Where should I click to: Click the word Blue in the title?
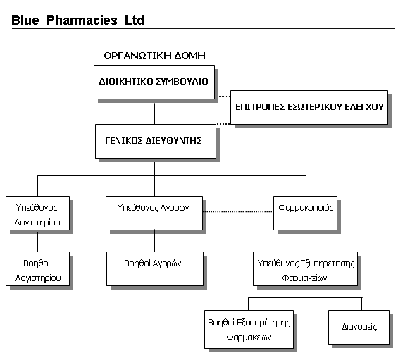(x=25, y=20)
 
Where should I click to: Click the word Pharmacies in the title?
(x=82, y=20)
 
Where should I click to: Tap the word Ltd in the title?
(x=135, y=20)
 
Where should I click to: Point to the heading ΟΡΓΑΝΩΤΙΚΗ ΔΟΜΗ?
(x=154, y=56)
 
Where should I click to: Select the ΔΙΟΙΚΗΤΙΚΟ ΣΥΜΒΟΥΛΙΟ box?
(x=154, y=82)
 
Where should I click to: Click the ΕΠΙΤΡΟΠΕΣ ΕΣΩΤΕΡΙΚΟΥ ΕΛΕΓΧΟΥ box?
(x=309, y=107)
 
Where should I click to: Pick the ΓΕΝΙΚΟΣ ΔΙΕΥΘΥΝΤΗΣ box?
(x=156, y=141)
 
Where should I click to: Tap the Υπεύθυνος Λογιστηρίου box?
(x=37, y=213)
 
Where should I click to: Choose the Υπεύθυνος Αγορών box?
(x=154, y=213)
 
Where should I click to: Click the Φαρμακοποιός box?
(x=305, y=213)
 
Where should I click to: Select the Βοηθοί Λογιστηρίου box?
(x=37, y=268)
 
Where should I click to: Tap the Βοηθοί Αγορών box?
(x=155, y=268)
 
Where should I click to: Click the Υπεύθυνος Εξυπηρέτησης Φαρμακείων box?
(x=305, y=268)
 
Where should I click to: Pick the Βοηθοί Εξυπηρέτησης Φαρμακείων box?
(x=249, y=329)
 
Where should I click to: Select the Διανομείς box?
(x=359, y=327)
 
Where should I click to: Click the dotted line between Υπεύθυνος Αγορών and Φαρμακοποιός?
(x=238, y=211)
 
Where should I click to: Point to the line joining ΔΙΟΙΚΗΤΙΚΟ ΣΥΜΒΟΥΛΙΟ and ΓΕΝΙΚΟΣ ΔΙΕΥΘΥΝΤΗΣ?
(x=154, y=112)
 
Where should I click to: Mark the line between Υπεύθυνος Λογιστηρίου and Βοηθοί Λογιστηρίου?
(x=37, y=241)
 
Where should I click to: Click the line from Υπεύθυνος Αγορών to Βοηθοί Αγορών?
(x=154, y=241)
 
